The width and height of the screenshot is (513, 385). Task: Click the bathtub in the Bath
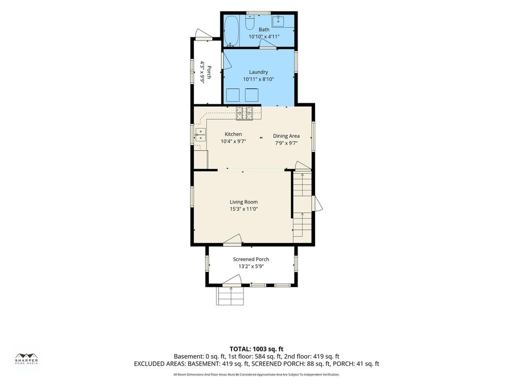point(231,31)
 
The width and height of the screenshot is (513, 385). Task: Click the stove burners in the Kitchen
point(244,113)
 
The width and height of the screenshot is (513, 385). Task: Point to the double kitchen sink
point(200,135)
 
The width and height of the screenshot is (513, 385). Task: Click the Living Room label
point(243,202)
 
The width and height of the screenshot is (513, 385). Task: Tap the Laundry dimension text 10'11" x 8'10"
point(259,79)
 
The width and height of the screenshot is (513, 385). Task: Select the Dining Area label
point(286,136)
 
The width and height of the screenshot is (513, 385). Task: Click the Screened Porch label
point(251,259)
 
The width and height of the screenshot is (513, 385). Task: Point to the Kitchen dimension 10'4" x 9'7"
point(233,141)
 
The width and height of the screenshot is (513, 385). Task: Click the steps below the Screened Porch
point(230,296)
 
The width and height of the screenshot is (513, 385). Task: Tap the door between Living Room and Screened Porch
point(232,240)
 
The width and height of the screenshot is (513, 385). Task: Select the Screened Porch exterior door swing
point(231,281)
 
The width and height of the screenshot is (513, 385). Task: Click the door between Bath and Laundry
point(269,45)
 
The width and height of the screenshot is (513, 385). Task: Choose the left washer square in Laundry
point(233,95)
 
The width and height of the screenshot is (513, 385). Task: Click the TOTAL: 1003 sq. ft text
point(256,349)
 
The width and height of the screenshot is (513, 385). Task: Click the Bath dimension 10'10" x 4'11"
point(264,37)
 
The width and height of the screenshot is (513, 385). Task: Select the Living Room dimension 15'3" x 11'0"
point(244,209)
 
